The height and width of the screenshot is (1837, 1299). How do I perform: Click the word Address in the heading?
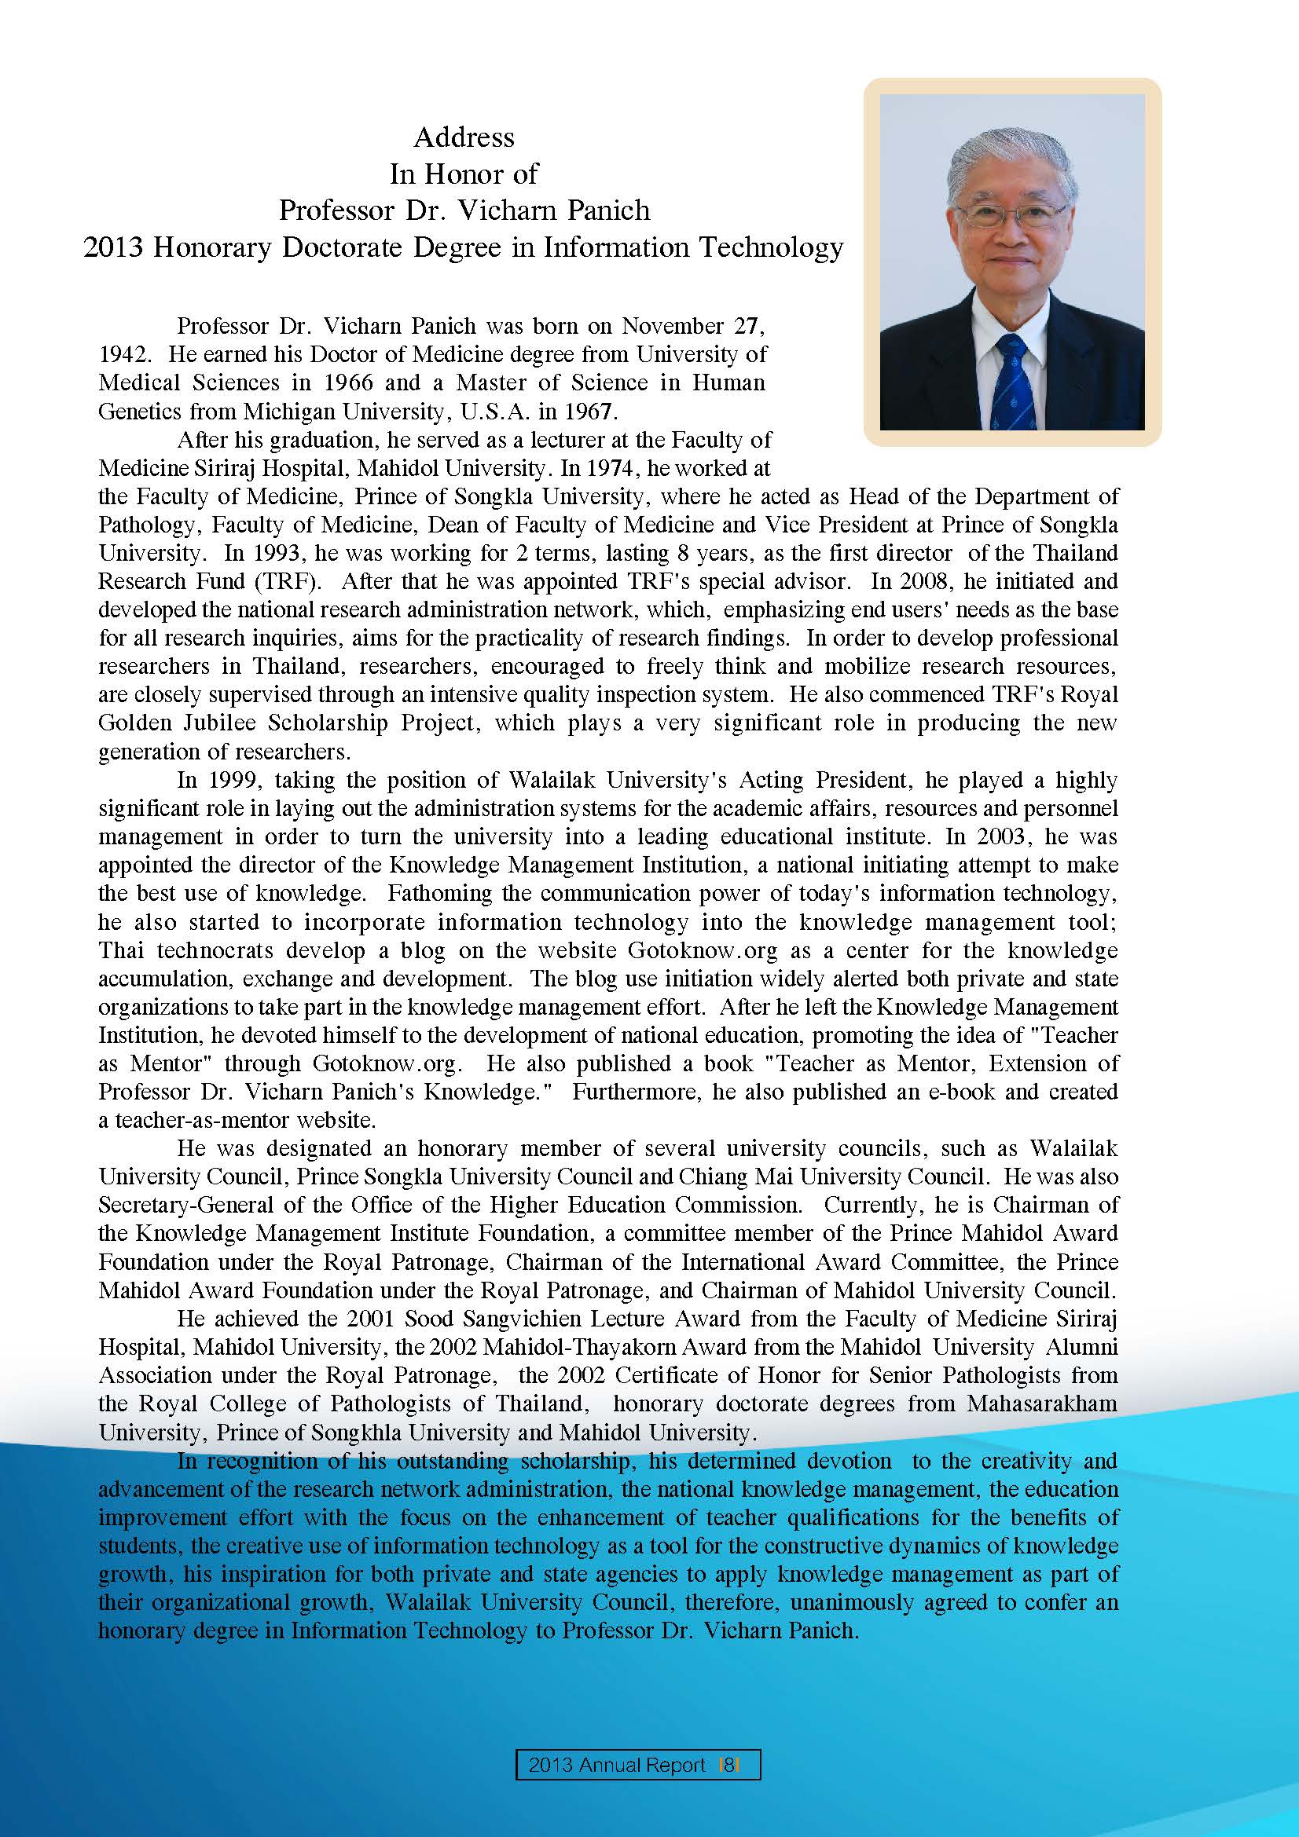(464, 137)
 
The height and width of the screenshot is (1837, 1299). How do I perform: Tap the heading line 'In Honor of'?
(464, 174)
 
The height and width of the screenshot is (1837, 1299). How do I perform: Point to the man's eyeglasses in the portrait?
(1011, 215)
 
